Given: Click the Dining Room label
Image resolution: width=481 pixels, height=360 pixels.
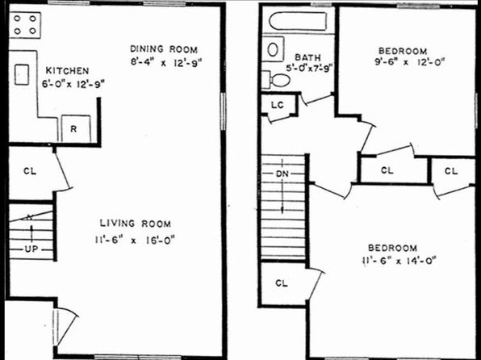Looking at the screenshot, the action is (164, 49).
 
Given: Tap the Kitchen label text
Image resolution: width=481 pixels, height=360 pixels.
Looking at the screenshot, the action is (68, 70).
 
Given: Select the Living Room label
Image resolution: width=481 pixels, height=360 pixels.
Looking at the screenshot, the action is (136, 224).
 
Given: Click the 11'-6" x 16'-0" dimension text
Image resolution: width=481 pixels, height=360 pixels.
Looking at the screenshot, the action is (135, 240).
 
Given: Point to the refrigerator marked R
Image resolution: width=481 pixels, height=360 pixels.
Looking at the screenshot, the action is (76, 129).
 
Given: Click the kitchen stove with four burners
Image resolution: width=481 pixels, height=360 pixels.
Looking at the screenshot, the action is (25, 25).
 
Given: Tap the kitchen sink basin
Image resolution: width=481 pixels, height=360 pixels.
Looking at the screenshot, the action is (22, 74).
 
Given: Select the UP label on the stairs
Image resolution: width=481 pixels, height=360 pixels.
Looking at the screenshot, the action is (31, 249).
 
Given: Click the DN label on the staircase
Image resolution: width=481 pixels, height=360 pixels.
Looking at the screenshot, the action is (282, 174).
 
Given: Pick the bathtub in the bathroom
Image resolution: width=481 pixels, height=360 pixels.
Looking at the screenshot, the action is (298, 21).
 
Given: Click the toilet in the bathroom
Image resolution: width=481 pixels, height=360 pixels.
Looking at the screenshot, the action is (276, 80).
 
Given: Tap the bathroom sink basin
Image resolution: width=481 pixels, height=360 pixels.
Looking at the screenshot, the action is (273, 49).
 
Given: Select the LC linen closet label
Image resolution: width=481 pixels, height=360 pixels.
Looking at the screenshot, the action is (278, 105).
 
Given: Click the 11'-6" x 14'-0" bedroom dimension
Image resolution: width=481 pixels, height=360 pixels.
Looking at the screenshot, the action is (399, 261).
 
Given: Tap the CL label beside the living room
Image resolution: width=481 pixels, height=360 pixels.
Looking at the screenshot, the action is (30, 170).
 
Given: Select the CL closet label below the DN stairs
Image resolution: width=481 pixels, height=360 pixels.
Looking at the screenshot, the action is (282, 283).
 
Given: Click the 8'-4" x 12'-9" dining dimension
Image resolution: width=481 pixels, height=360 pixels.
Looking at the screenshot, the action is (166, 62).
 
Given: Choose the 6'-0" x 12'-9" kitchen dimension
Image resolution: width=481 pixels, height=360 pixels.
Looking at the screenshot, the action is (73, 83).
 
